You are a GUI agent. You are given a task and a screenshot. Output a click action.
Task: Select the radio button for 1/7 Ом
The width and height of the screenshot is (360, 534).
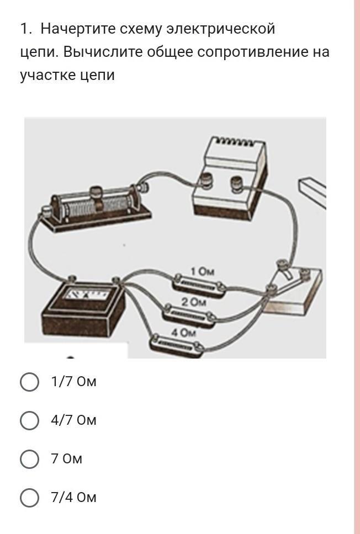[x=29, y=382]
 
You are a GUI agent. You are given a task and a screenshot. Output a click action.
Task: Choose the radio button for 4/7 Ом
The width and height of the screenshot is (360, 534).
[x=29, y=420]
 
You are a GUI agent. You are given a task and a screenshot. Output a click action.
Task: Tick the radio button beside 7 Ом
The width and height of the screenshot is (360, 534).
[x=29, y=459]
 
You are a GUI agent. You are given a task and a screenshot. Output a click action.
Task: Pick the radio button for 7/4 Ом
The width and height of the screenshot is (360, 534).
[x=29, y=498]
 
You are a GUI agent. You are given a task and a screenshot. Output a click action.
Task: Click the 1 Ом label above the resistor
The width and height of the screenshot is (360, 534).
[x=203, y=271]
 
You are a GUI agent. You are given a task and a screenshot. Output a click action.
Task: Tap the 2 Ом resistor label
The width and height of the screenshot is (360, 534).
[x=194, y=302]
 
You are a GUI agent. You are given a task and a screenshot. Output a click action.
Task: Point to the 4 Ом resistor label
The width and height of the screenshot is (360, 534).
[x=183, y=333]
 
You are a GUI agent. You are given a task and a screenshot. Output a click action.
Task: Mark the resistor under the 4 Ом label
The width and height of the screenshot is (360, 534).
[x=177, y=345]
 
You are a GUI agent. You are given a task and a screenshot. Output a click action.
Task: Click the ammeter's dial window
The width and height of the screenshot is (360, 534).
[x=88, y=293]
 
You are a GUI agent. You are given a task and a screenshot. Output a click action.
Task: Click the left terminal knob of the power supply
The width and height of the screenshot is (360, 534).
[x=207, y=181]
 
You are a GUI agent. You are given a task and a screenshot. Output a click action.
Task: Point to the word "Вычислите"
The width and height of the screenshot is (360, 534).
[x=105, y=52]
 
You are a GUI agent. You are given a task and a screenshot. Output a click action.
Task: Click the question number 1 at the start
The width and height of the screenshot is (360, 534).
[x=25, y=29]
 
